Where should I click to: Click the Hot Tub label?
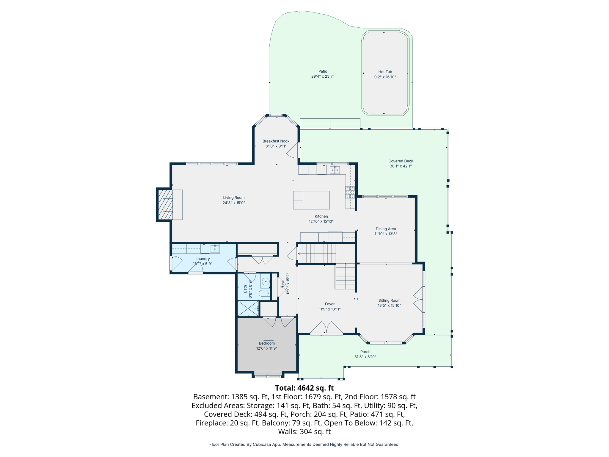click(x=385, y=72)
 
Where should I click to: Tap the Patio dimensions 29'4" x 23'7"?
click(x=323, y=76)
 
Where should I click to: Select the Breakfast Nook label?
click(x=276, y=141)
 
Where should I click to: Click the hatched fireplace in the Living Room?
click(x=165, y=205)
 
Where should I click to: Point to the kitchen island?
click(x=311, y=200)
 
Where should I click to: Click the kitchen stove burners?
click(x=350, y=192)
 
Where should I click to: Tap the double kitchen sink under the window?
click(x=335, y=170)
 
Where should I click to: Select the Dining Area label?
click(x=385, y=229)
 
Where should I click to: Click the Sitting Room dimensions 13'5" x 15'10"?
click(x=389, y=306)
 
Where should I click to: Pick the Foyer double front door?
click(x=327, y=328)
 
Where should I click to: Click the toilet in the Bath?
click(x=264, y=294)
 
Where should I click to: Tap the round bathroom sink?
click(x=266, y=281)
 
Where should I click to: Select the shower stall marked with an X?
click(x=248, y=309)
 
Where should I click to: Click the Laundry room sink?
click(x=215, y=248)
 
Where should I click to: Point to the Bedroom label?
click(x=267, y=343)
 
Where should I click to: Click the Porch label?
click(x=365, y=352)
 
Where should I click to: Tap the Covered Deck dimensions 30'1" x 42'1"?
click(x=401, y=166)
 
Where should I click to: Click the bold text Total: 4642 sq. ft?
click(x=304, y=388)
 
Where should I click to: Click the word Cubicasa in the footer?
click(x=262, y=445)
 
